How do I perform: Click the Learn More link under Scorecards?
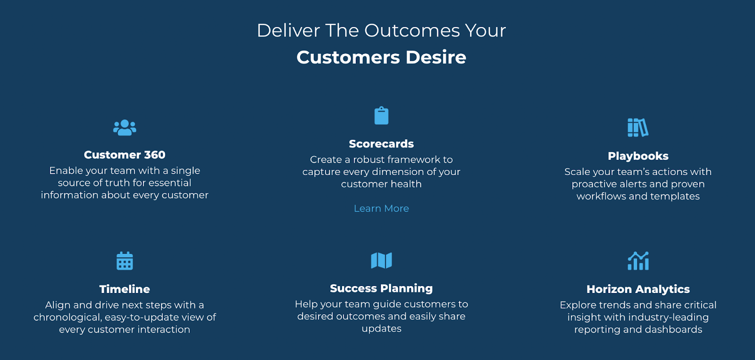tap(381, 209)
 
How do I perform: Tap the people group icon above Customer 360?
tap(125, 127)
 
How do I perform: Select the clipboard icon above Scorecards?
tap(381, 116)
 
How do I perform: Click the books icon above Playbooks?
tap(638, 127)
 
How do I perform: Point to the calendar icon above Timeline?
tap(125, 261)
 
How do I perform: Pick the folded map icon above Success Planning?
tap(381, 260)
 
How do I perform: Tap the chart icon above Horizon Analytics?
tap(638, 261)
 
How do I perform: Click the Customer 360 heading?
tap(125, 155)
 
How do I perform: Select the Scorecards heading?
tap(381, 143)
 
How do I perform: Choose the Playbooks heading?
tap(638, 156)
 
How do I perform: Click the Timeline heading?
tap(125, 289)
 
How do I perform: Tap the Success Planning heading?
tap(381, 288)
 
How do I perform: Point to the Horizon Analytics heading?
tap(638, 289)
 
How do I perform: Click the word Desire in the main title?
tap(436, 57)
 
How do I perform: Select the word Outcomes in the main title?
tap(412, 30)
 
